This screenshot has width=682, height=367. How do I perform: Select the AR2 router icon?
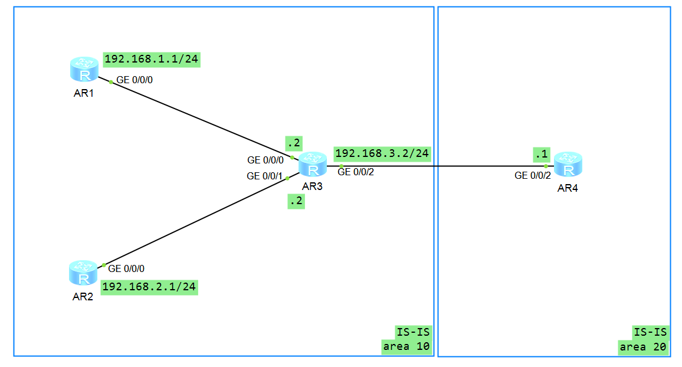(84, 273)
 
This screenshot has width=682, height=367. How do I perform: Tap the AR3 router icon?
(313, 165)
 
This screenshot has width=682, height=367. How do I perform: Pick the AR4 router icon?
(569, 165)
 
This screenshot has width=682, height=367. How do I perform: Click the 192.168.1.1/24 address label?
(152, 59)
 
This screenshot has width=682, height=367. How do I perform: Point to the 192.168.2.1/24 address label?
(149, 287)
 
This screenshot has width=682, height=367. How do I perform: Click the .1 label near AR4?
(541, 154)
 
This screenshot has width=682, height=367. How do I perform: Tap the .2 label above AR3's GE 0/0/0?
(294, 143)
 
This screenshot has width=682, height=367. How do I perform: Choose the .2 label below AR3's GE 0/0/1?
(296, 201)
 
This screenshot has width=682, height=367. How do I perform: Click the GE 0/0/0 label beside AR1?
(135, 80)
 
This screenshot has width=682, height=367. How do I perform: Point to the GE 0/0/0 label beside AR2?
(126, 268)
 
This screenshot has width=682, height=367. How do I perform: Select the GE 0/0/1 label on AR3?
(265, 176)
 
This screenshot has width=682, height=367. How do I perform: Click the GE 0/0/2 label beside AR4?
(533, 175)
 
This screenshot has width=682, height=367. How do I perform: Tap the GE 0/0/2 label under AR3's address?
(356, 172)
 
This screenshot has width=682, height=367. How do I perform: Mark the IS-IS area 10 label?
(407, 339)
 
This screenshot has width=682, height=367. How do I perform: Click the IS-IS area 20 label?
(644, 339)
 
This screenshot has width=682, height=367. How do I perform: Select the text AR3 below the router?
(312, 186)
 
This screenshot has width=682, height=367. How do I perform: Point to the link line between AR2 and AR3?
(195, 221)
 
